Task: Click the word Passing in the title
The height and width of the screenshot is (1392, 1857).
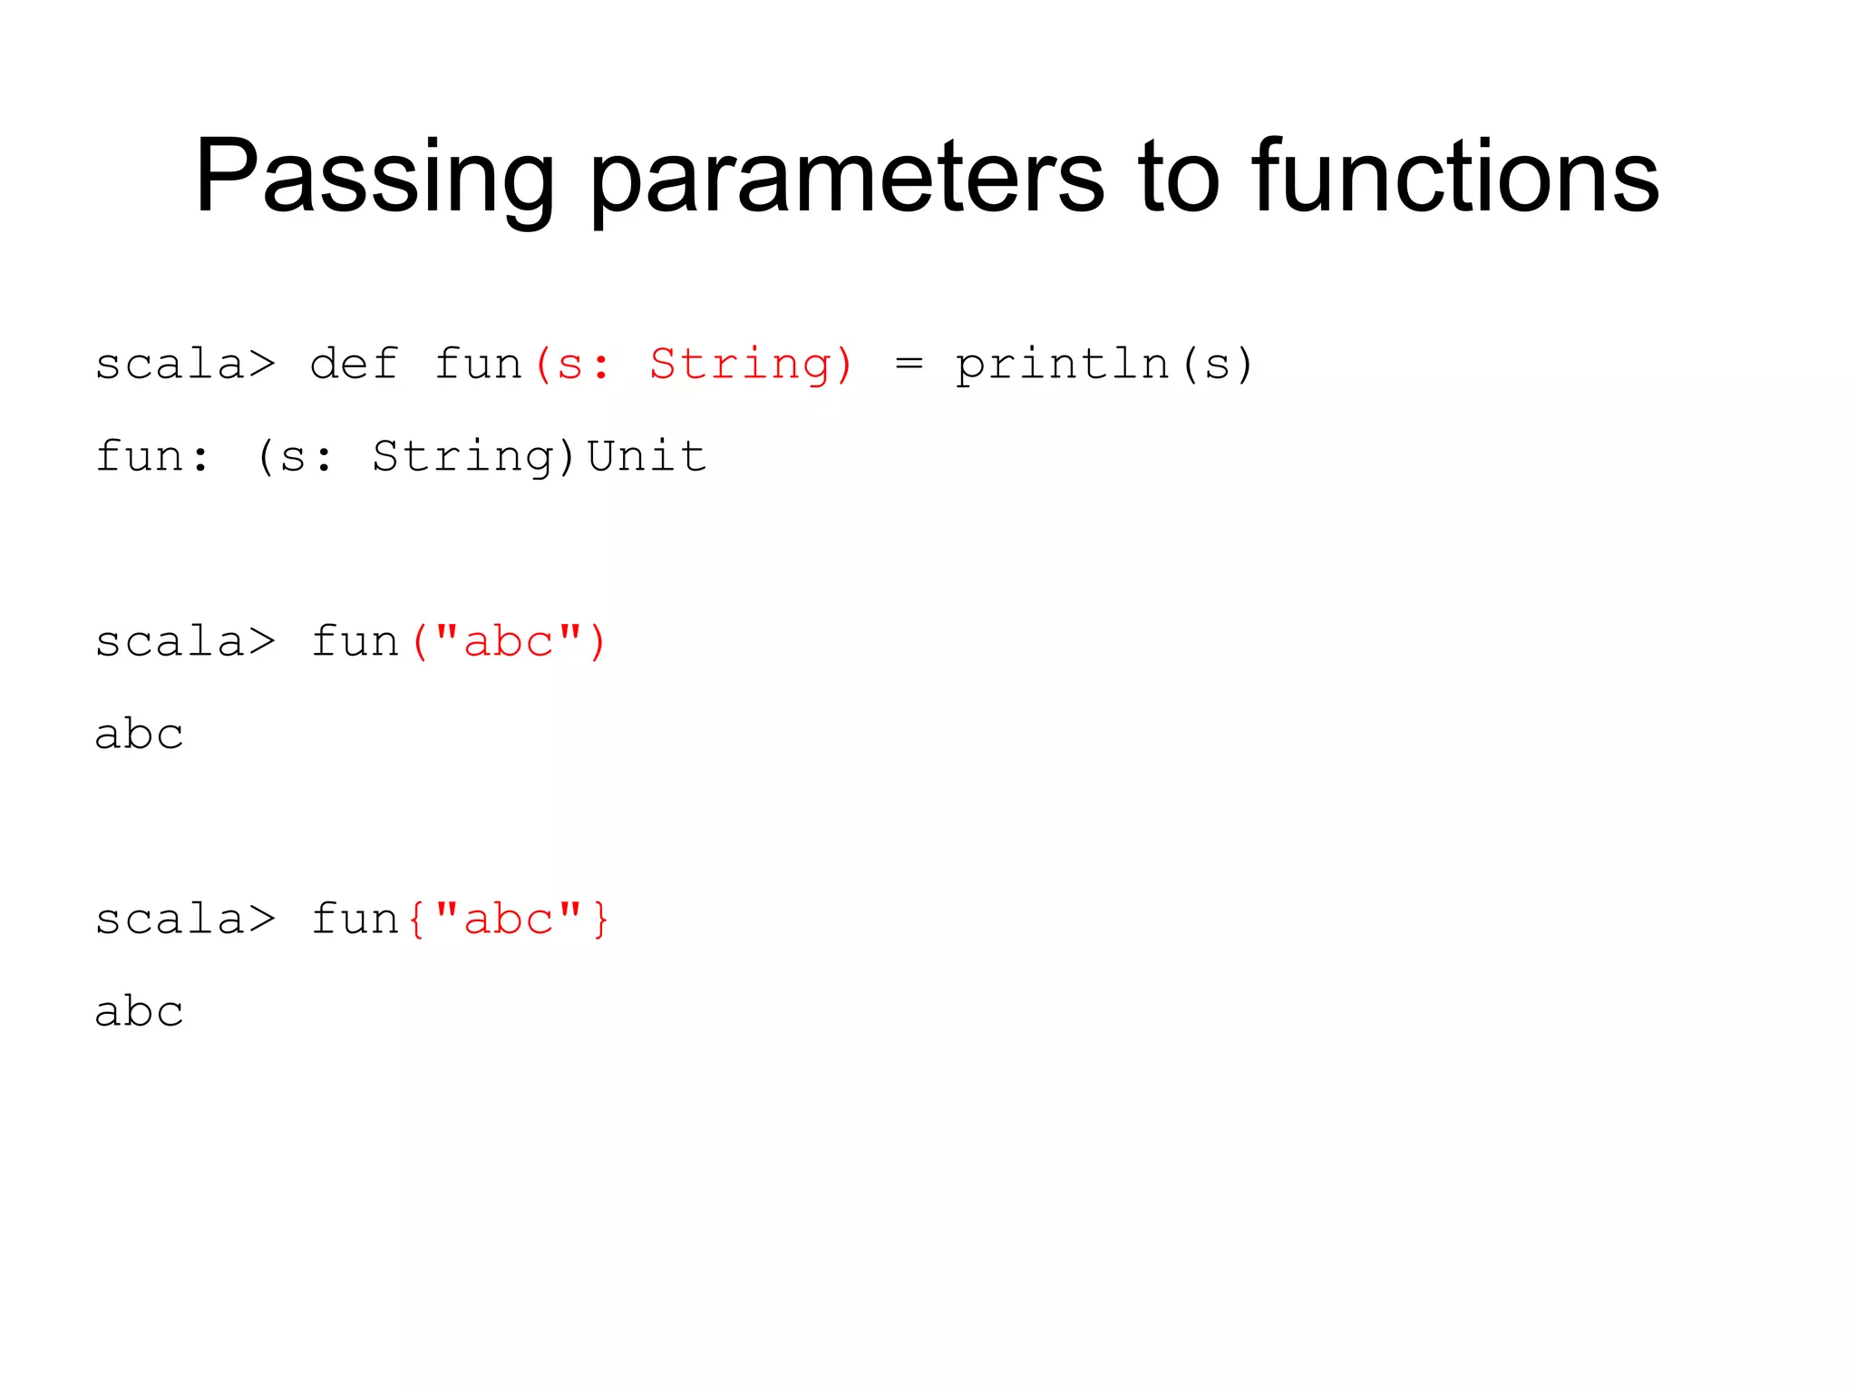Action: click(374, 177)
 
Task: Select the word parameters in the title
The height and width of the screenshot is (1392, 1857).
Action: click(847, 177)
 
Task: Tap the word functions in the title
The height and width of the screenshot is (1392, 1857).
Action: click(1454, 177)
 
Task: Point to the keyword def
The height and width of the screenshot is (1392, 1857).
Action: click(354, 365)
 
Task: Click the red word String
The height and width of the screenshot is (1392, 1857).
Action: click(752, 365)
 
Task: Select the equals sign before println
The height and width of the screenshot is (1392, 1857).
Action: click(909, 365)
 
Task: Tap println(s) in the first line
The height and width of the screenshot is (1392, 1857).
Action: click(1104, 365)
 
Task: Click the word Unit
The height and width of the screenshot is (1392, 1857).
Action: click(647, 456)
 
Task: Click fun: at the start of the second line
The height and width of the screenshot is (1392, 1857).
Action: click(152, 456)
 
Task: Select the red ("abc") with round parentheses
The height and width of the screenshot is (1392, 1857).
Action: click(508, 643)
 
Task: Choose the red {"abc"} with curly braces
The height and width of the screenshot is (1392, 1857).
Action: click(508, 920)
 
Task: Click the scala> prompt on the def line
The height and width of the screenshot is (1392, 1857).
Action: click(185, 365)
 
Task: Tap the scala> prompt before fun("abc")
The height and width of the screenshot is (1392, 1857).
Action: click(185, 643)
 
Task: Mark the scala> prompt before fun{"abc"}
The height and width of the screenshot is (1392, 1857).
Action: click(185, 920)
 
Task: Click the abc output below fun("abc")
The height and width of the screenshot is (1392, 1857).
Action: click(140, 735)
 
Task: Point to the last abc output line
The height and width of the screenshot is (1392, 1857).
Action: click(140, 1012)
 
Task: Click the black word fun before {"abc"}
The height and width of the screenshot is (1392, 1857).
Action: click(355, 920)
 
